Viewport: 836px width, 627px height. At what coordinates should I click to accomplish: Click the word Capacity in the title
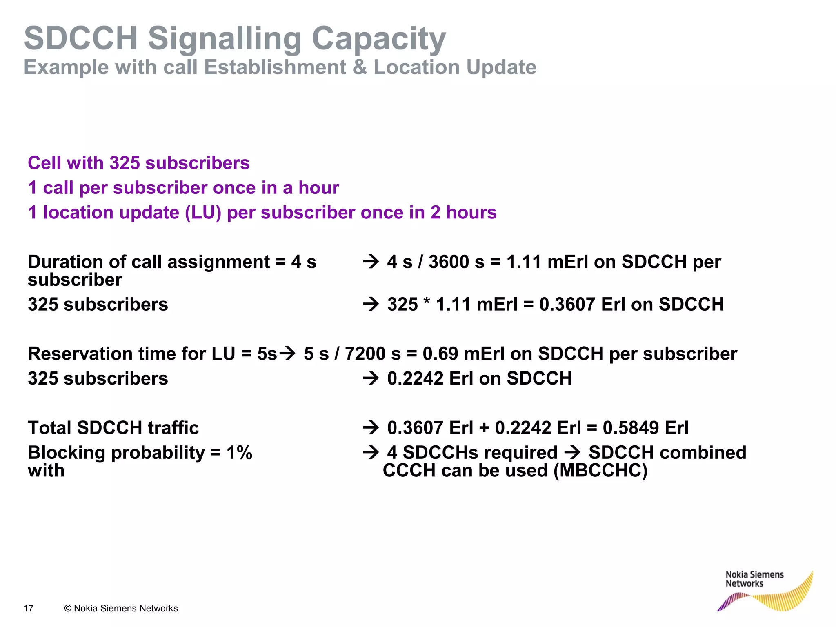tap(378, 39)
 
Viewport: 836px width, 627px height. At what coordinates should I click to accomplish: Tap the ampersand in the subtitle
tap(360, 67)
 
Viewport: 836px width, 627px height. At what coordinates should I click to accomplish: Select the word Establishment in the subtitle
tap(275, 67)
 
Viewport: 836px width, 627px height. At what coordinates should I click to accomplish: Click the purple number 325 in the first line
tap(125, 163)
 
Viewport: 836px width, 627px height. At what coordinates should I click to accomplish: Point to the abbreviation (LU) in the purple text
tap(203, 213)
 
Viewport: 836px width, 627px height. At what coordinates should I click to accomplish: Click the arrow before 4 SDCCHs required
tap(371, 452)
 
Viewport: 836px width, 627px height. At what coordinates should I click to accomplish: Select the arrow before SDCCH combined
tap(573, 452)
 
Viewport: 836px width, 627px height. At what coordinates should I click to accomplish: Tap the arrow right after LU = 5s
tap(287, 353)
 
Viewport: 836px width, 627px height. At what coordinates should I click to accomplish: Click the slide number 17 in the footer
tap(29, 609)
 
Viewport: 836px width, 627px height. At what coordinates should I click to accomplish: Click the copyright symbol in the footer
tap(68, 609)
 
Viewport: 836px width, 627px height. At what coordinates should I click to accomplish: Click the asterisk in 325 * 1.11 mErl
tap(427, 303)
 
